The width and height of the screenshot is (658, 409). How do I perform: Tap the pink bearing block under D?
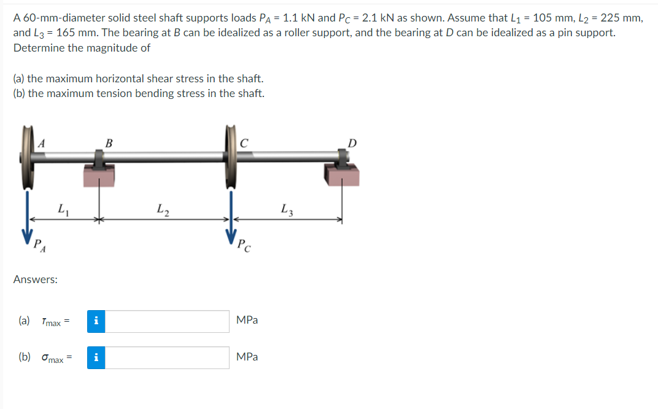(x=343, y=176)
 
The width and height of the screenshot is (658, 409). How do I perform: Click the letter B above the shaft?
(x=109, y=143)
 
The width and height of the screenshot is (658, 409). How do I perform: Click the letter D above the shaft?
(x=352, y=143)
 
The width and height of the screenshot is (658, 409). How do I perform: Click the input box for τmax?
(x=168, y=321)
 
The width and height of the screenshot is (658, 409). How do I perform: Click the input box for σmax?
(x=168, y=357)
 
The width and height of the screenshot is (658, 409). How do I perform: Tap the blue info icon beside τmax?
(x=96, y=321)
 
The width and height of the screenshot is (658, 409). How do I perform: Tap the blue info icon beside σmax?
(x=96, y=357)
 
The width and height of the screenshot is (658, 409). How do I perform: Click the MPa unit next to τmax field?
(x=247, y=321)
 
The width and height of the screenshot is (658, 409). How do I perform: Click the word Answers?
(x=36, y=279)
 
